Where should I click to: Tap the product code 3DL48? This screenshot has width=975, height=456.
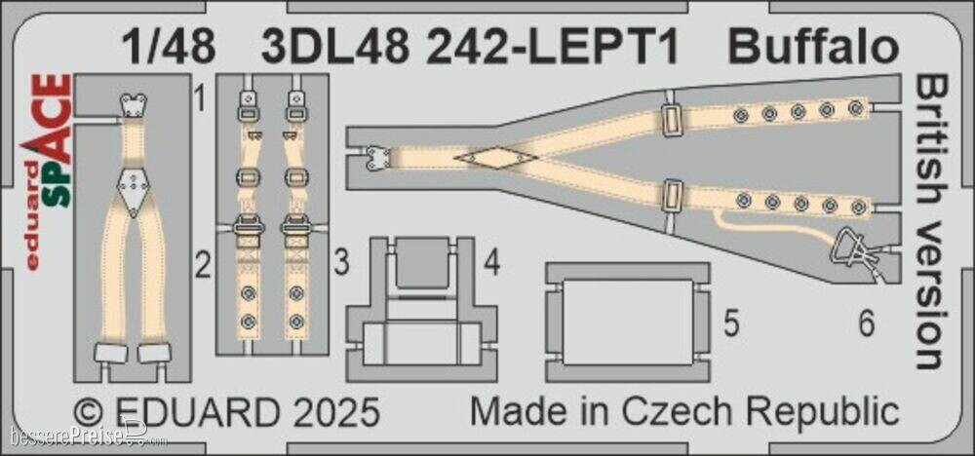tap(325, 48)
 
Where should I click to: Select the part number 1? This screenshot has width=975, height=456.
tap(199, 98)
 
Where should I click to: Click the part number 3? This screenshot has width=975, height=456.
tap(340, 262)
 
